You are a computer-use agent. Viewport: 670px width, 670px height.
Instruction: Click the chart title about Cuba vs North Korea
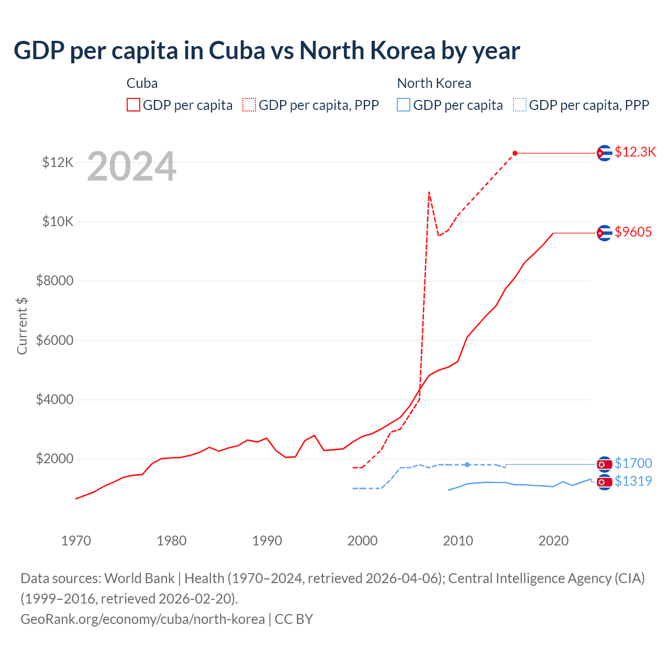click(x=267, y=51)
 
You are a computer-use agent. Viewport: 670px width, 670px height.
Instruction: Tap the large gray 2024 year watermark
click(x=131, y=166)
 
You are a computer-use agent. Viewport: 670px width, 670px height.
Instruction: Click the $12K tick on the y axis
click(x=58, y=162)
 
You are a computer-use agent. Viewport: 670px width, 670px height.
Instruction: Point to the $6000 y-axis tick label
click(x=54, y=340)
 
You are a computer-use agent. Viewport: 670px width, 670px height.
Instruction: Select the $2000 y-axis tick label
click(x=54, y=459)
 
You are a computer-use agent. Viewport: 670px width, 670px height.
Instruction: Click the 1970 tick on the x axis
click(x=76, y=541)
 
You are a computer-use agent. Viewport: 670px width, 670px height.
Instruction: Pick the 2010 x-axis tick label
click(x=458, y=541)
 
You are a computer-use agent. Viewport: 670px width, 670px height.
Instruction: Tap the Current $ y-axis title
click(x=22, y=326)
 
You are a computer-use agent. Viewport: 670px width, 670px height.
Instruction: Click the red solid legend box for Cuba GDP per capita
click(x=133, y=105)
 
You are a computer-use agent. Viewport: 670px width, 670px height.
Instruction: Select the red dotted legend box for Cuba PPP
click(x=249, y=105)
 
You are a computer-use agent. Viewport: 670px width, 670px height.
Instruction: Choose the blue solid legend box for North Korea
click(x=404, y=105)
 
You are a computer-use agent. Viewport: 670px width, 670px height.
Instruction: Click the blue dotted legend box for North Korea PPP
click(x=520, y=105)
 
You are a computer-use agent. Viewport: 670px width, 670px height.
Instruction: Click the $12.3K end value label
click(x=635, y=152)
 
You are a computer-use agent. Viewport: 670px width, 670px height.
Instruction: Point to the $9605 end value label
click(x=633, y=232)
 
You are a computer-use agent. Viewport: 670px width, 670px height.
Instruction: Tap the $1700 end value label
click(x=633, y=463)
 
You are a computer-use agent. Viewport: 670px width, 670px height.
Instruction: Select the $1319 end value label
click(x=633, y=481)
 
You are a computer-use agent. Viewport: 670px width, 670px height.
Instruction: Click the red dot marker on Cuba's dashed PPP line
click(x=515, y=153)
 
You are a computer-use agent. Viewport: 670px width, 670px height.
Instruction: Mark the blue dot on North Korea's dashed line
click(x=467, y=464)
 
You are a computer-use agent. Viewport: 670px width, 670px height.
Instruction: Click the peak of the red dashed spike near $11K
click(x=429, y=192)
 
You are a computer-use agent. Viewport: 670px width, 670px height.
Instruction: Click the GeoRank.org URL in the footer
click(x=142, y=619)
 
